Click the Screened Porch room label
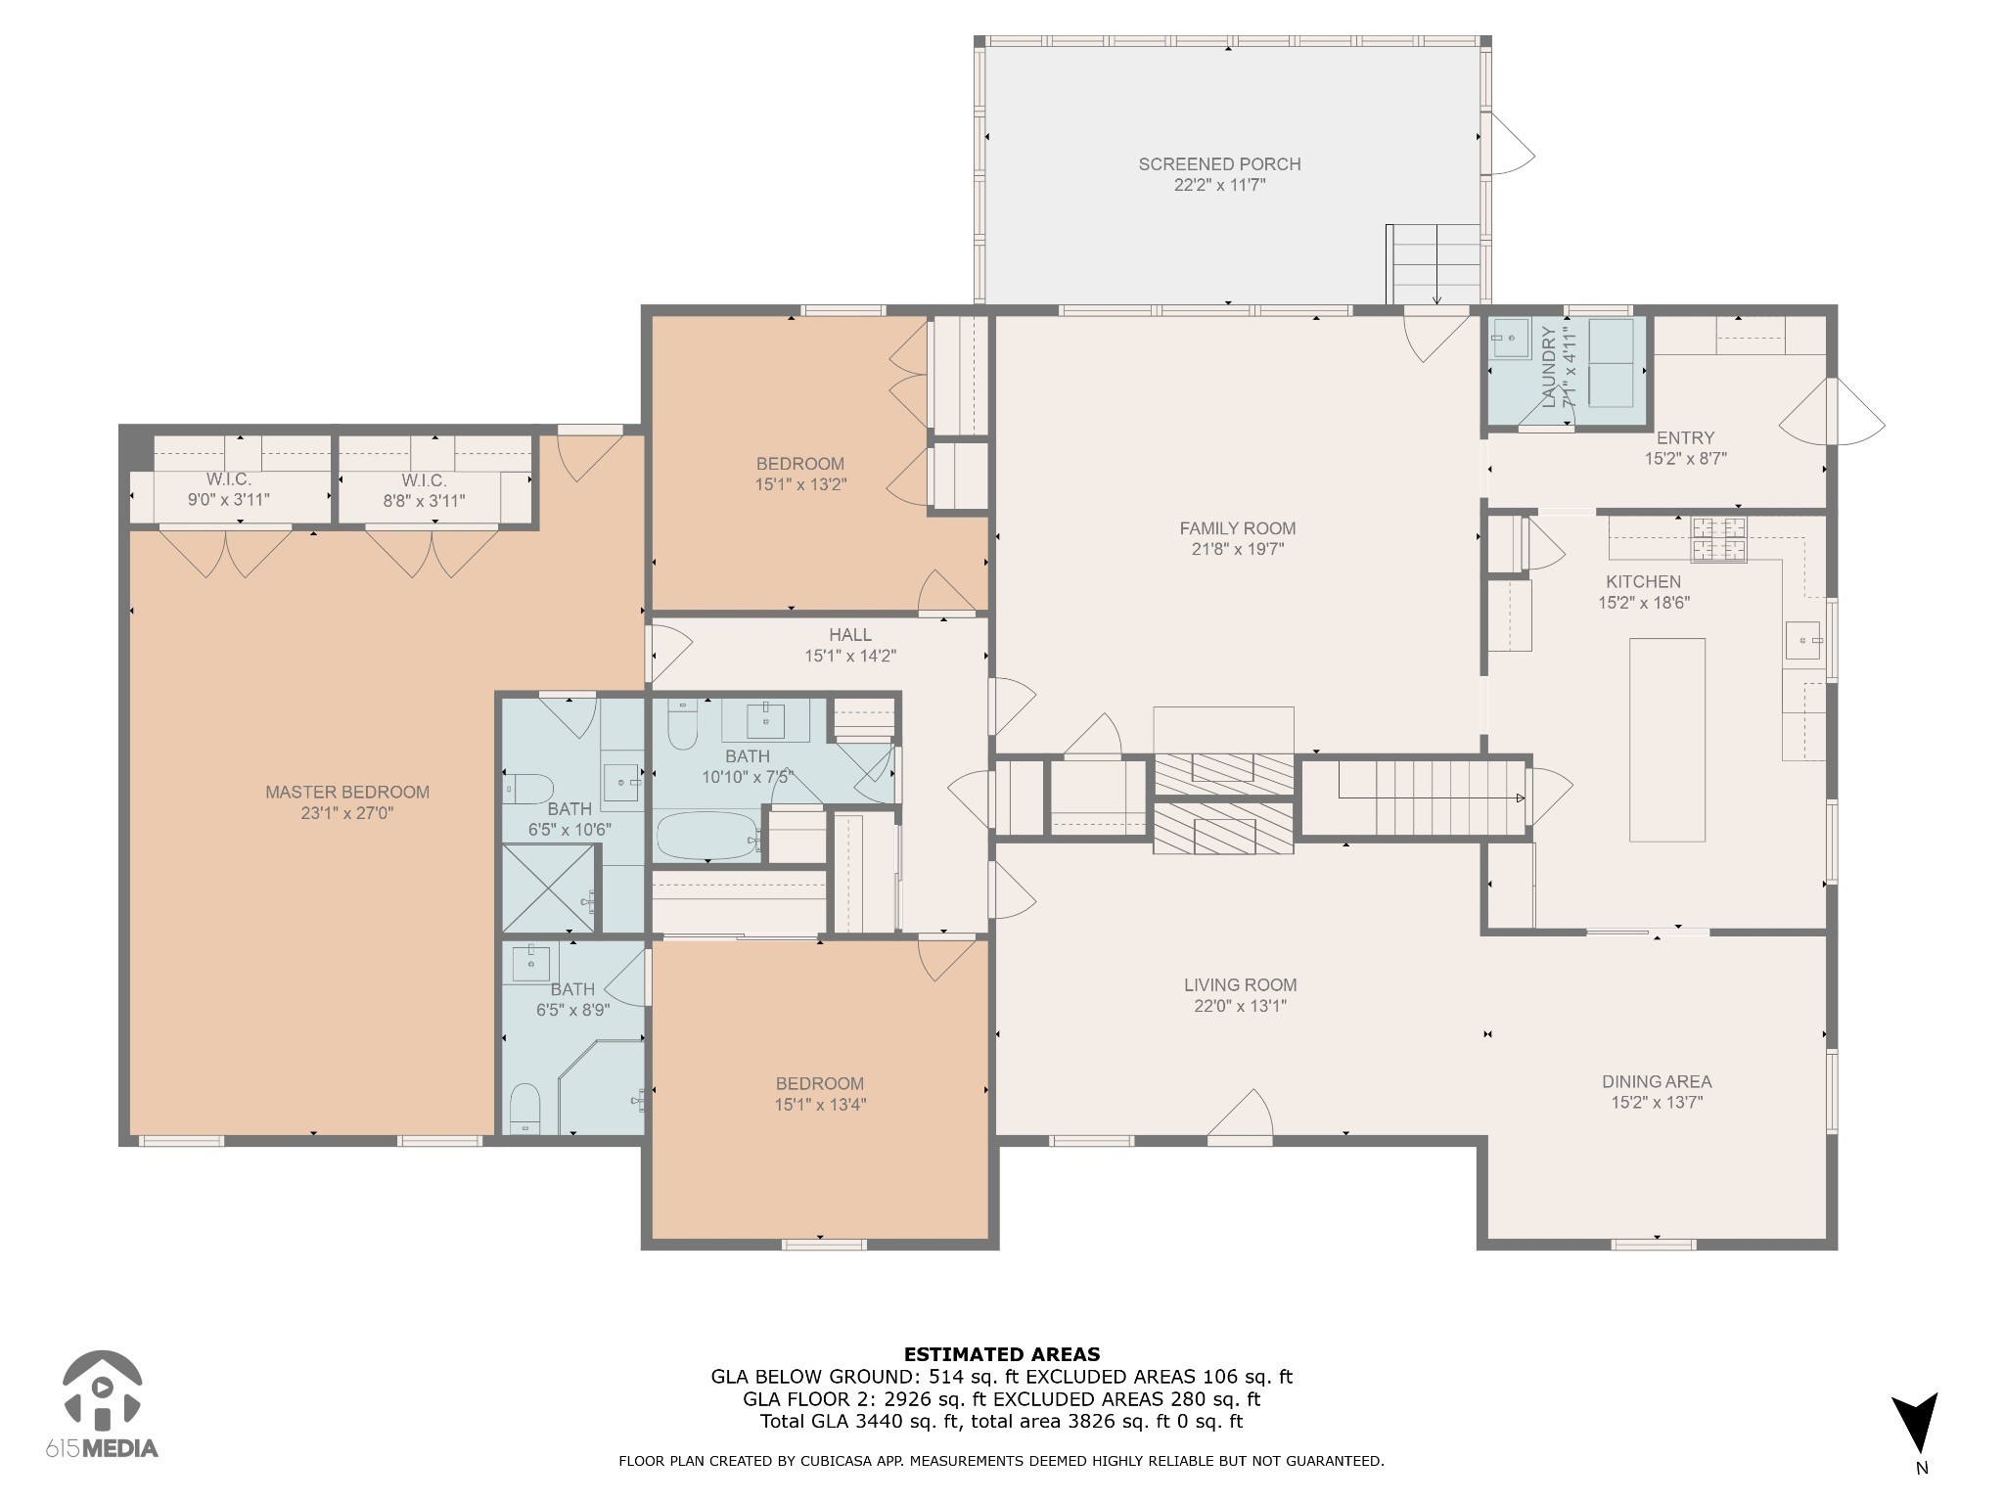point(1219,164)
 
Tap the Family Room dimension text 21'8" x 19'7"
point(1237,550)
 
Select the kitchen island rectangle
point(1666,740)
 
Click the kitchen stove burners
point(1720,539)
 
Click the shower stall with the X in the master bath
point(548,888)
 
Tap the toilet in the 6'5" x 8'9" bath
point(525,1108)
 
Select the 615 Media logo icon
point(101,1389)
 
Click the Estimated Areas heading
point(1001,1355)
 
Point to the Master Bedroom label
point(347,793)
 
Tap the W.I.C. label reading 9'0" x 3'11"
point(228,490)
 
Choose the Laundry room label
point(1549,367)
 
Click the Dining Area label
point(1657,1082)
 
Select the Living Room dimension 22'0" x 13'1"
point(1240,1006)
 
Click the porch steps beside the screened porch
point(1434,264)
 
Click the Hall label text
point(849,635)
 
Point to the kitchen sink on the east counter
point(1802,641)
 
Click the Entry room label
point(1685,438)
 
